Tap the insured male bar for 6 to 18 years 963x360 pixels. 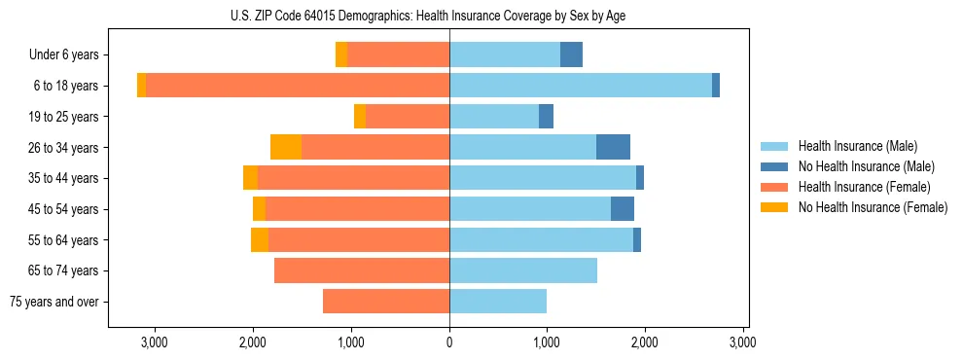point(580,86)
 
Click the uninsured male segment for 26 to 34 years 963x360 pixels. point(613,147)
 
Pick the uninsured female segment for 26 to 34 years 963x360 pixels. point(286,147)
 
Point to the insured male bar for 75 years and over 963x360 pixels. point(498,302)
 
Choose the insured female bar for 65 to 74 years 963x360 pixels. point(362,270)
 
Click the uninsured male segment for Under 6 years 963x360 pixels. point(571,54)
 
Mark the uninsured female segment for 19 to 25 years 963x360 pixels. point(360,117)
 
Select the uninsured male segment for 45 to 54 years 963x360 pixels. point(623,209)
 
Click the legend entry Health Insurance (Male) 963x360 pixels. point(857,147)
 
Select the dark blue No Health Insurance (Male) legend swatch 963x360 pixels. point(774,167)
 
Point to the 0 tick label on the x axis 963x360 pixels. point(449,342)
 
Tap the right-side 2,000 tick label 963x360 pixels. point(645,342)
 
